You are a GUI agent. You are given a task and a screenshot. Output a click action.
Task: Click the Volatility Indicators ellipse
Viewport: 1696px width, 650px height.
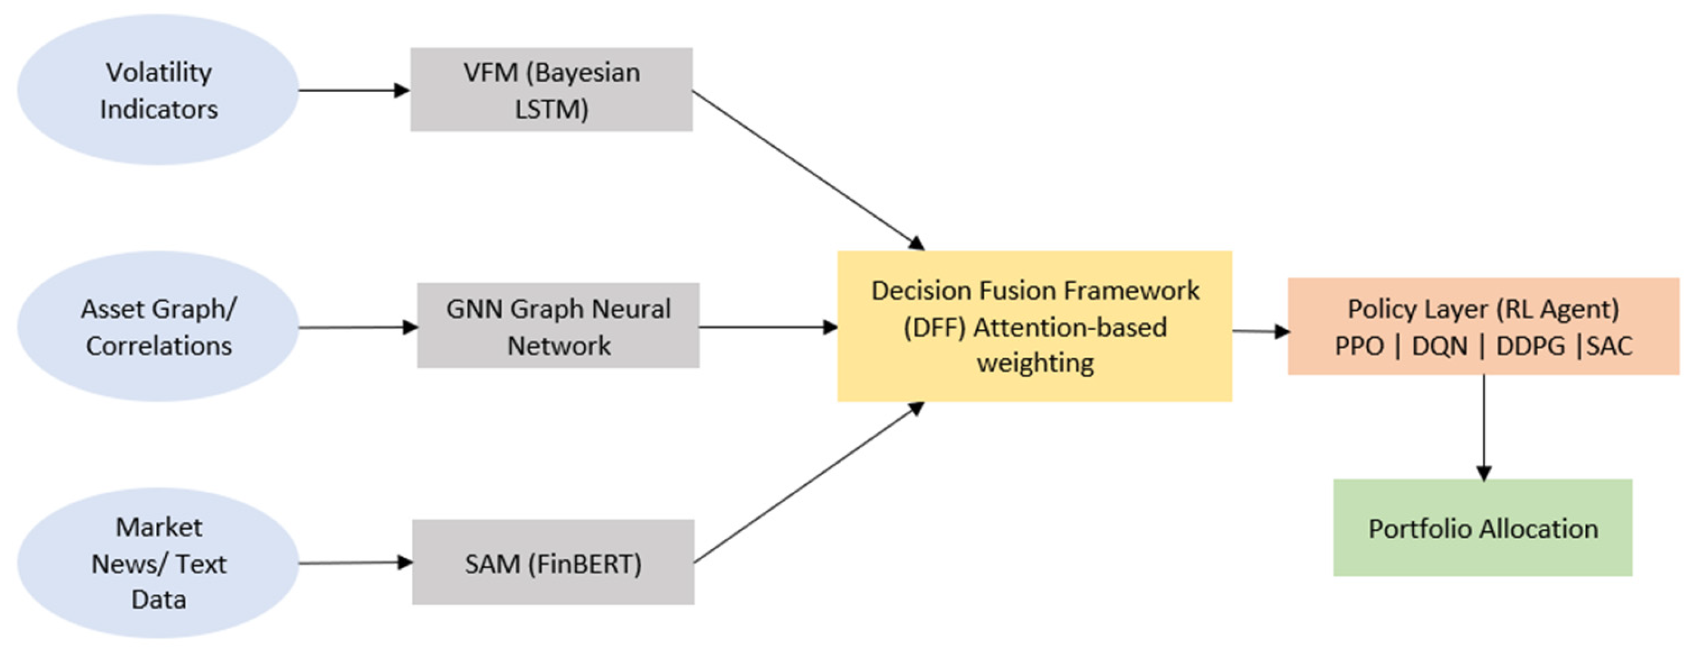click(158, 90)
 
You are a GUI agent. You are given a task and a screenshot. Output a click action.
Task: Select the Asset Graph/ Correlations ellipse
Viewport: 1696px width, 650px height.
click(158, 326)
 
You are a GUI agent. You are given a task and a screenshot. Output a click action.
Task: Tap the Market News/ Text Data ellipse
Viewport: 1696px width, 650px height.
click(158, 563)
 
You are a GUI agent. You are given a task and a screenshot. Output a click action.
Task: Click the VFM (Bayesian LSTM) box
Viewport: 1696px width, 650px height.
click(551, 90)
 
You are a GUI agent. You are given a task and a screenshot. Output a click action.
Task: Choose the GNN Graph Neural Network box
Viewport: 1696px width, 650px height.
click(558, 326)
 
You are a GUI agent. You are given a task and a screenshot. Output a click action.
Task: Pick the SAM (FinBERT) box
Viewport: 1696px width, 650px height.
click(553, 562)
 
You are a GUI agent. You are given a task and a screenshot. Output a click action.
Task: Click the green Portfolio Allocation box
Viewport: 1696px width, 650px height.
click(1483, 528)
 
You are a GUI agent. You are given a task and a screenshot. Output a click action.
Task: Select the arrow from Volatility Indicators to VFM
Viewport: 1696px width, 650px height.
click(353, 90)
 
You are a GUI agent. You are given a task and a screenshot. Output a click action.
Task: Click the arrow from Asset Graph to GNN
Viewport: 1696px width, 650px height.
click(358, 326)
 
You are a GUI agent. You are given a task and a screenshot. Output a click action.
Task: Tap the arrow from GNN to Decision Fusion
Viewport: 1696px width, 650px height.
click(767, 326)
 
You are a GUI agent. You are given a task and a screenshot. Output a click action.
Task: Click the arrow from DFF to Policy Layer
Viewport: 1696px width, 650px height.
click(1260, 331)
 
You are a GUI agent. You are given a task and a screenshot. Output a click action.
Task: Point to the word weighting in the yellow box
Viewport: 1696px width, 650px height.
click(1035, 363)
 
